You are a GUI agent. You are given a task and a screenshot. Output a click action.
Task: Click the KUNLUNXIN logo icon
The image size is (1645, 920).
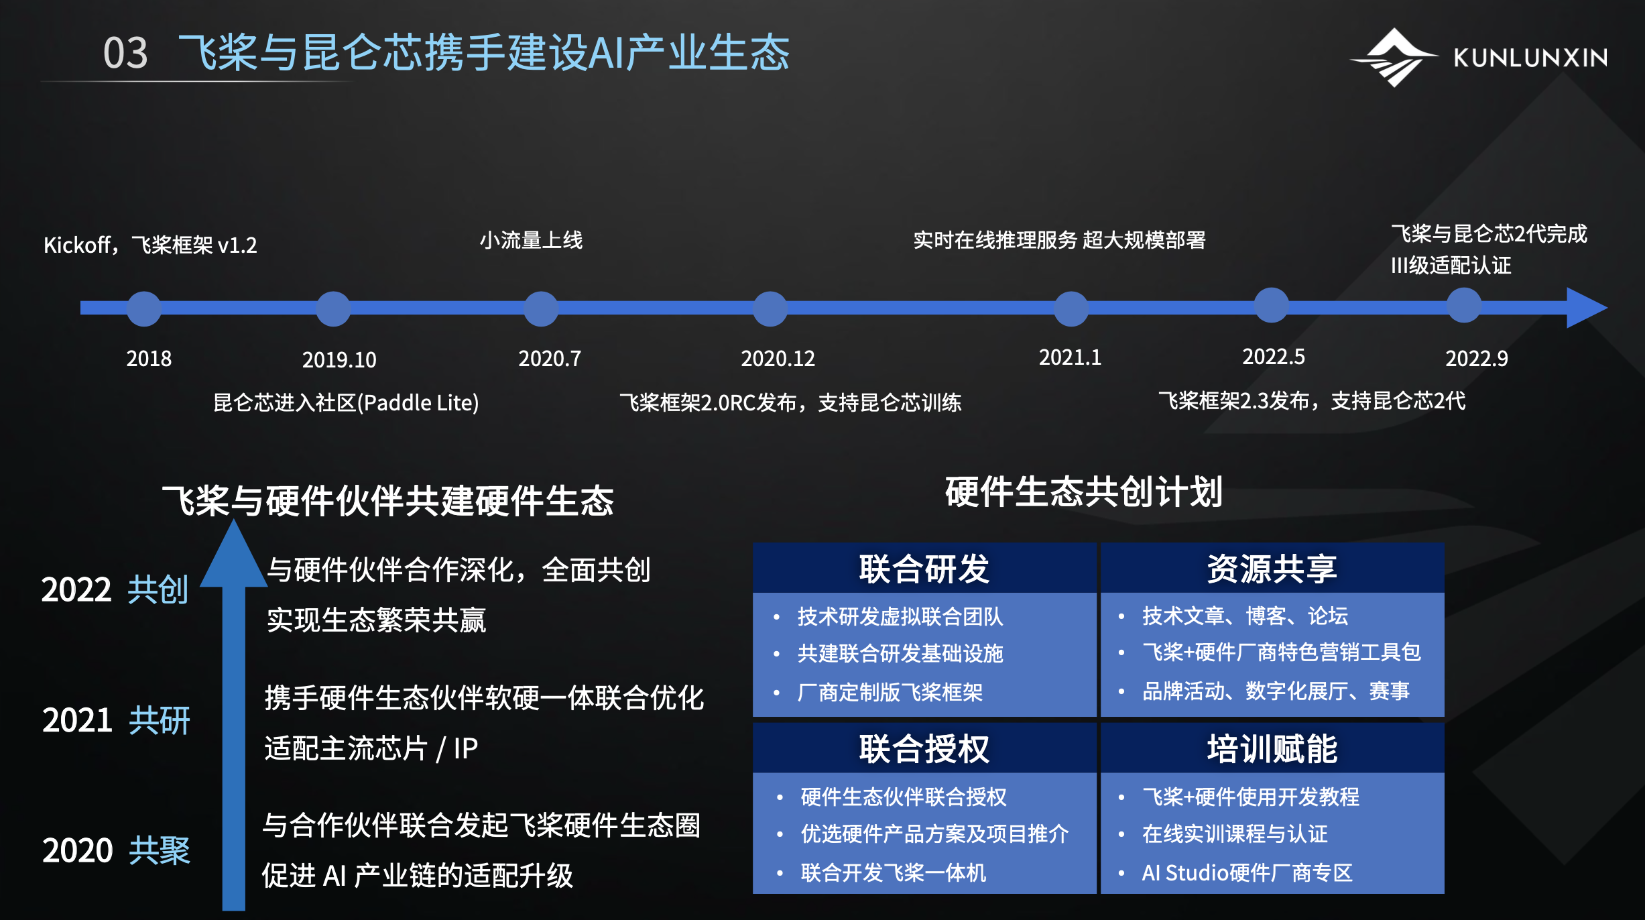click(1394, 58)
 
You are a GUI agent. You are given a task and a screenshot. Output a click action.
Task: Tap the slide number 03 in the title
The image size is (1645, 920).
click(125, 53)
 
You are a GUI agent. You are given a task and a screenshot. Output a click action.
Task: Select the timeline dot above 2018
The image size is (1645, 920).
click(144, 308)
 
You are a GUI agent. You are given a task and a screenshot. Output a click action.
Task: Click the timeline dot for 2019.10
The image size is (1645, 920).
click(333, 308)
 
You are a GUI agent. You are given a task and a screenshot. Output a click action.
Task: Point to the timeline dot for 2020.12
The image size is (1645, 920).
click(770, 308)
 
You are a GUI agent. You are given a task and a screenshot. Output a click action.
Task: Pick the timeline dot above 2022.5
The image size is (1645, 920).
click(1272, 305)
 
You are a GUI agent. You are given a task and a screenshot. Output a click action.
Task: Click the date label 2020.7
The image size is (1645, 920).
click(550, 359)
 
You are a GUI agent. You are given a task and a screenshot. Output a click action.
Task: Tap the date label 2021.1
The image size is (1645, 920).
click(1070, 357)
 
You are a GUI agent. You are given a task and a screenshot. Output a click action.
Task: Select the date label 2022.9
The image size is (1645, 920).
click(1477, 359)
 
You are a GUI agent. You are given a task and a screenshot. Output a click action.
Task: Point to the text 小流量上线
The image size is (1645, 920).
click(531, 240)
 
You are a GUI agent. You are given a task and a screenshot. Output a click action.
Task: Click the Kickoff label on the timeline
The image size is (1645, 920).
click(150, 245)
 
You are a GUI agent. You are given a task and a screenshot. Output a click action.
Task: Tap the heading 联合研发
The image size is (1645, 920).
click(924, 569)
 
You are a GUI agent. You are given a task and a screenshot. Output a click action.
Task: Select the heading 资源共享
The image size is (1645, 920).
click(1272, 569)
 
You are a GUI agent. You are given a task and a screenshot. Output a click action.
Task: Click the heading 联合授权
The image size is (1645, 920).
click(924, 748)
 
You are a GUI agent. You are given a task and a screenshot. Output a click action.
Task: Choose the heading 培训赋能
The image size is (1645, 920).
click(1272, 748)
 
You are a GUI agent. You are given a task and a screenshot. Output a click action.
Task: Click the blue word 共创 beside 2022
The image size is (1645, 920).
click(158, 589)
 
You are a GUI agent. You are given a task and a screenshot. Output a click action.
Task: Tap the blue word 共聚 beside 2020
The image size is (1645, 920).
click(160, 850)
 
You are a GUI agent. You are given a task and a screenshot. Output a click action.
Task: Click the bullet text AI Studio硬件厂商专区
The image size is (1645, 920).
click(1247, 872)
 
